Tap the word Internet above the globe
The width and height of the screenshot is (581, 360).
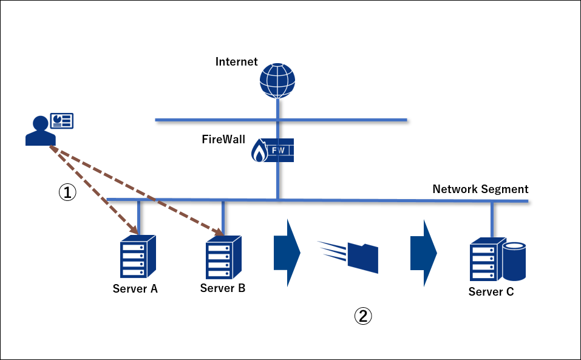click(237, 62)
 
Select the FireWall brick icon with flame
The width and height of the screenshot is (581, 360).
click(272, 150)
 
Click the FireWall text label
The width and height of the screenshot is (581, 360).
click(223, 139)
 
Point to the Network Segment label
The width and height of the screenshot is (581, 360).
click(480, 189)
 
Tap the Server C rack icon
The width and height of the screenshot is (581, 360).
click(488, 260)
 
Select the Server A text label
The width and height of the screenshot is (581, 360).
click(135, 289)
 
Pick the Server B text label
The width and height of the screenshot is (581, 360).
click(223, 288)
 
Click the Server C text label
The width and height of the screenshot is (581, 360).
click(491, 292)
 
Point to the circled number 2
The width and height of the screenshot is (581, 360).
click(362, 316)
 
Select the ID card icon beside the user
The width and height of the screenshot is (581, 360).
click(61, 120)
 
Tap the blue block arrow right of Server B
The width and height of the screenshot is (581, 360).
click(287, 252)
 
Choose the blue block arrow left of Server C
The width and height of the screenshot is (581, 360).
click(424, 252)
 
